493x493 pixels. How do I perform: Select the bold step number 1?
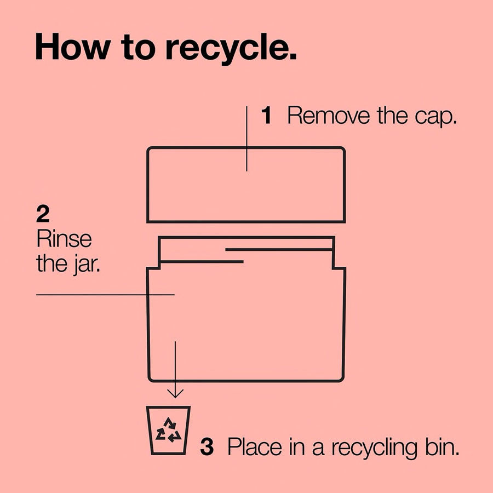pos(266,116)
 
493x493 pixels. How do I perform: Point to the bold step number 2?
pos(43,214)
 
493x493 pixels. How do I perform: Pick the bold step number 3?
pos(207,446)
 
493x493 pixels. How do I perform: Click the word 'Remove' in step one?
pos(329,116)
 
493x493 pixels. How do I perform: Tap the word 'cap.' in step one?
pos(436,118)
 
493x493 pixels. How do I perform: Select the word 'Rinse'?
pos(64,239)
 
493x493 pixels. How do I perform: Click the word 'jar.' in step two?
pos(87,265)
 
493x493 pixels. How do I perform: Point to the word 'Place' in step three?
pos(255,446)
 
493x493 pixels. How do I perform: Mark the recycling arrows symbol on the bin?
pos(169,429)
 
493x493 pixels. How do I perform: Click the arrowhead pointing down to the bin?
pos(175,394)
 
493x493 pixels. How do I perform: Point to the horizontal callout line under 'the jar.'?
pos(105,295)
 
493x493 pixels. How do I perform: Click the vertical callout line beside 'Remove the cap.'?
pos(246,139)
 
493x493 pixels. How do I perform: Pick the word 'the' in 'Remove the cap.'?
pos(392,116)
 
